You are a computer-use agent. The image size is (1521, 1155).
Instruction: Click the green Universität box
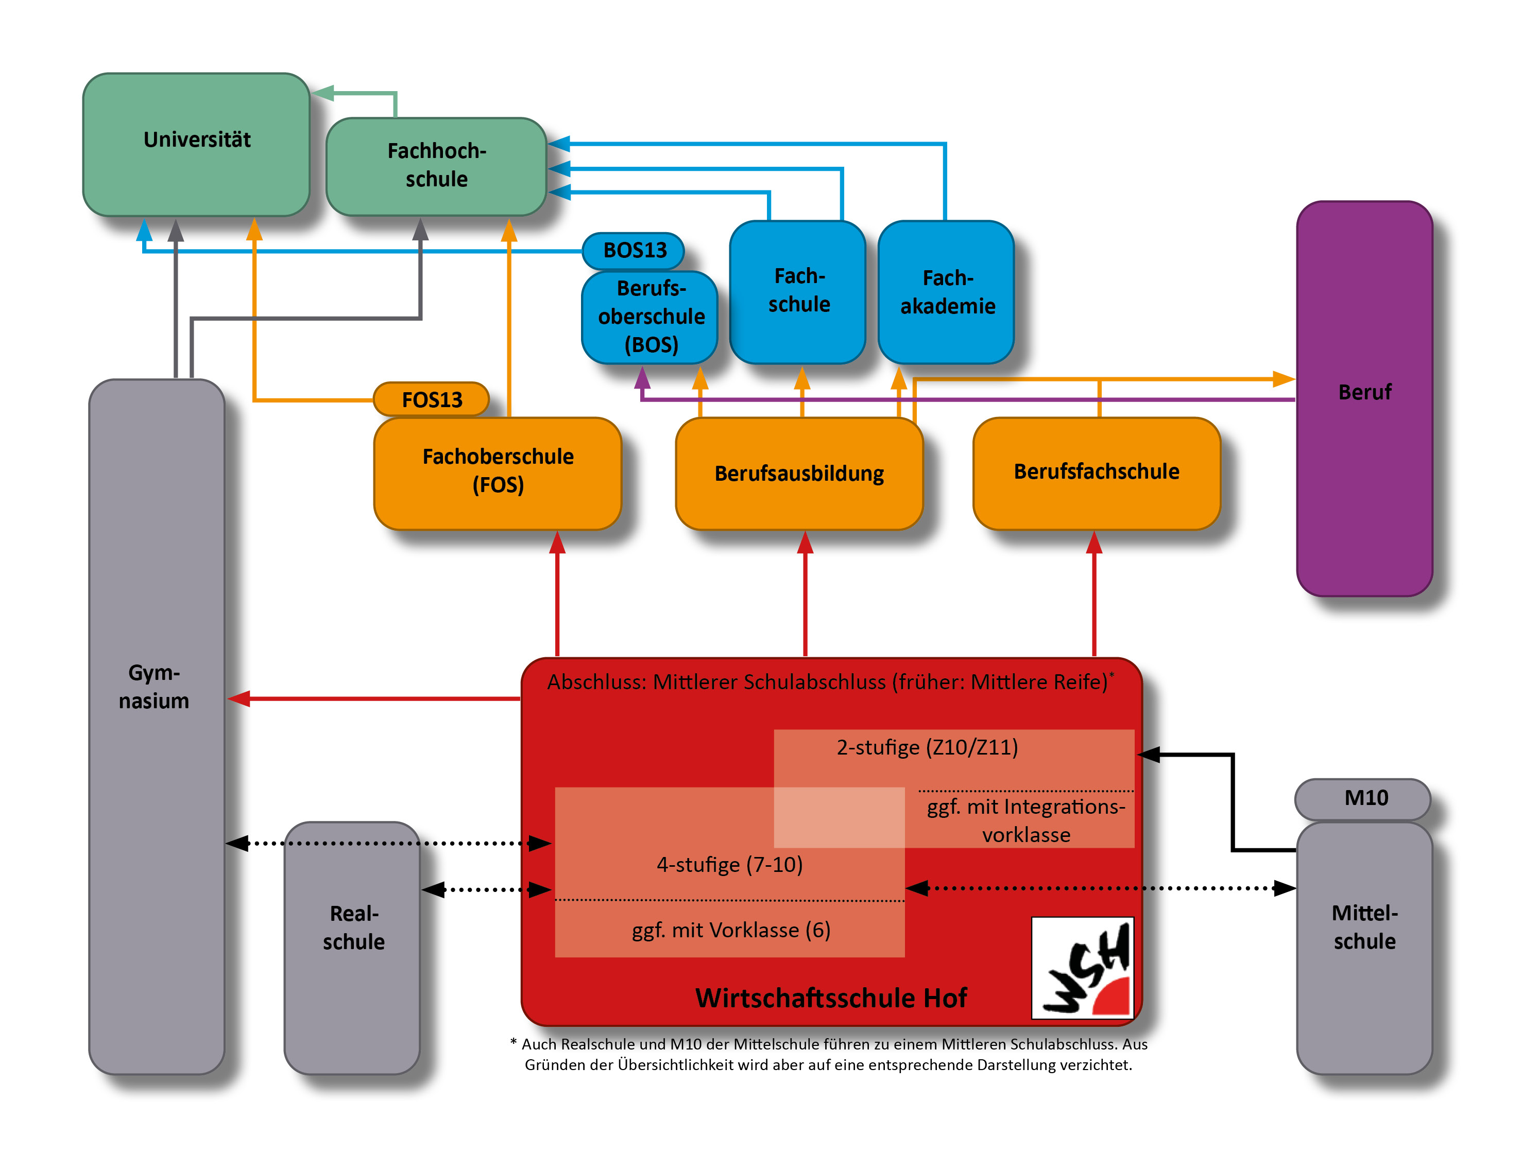pos(196,144)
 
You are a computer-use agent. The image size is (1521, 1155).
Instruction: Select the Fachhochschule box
pos(436,166)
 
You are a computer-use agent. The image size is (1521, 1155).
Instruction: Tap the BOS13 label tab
pos(634,250)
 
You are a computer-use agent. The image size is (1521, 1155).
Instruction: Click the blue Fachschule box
pos(798,291)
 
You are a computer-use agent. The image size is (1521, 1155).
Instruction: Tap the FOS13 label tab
pos(431,399)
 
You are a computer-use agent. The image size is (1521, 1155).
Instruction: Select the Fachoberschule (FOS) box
pos(498,472)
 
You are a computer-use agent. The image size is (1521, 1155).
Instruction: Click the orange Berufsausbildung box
pos(799,474)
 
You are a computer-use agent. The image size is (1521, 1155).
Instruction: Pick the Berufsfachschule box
pos(1097,472)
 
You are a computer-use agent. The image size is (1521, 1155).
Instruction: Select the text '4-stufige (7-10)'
pos(729,864)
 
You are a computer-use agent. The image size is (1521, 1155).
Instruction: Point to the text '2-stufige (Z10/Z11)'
pos(927,747)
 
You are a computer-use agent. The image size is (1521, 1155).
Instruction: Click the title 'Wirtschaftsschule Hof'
pos(830,997)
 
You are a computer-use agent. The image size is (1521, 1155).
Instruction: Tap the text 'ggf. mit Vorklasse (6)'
pos(730,930)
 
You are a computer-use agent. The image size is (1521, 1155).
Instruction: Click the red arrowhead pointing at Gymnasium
pos(238,699)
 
